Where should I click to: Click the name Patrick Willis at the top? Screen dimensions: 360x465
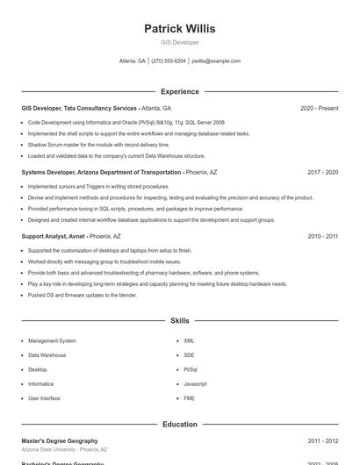179,29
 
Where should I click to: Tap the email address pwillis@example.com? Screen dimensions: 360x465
216,61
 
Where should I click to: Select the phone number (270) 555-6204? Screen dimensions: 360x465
169,61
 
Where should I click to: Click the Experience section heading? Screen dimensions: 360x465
179,91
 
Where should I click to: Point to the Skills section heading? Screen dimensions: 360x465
179,321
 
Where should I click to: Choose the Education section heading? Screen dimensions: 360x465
179,425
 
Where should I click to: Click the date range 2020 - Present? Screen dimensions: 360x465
319,108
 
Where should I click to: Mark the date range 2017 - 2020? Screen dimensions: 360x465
322,173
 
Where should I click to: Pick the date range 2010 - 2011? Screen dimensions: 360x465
322,237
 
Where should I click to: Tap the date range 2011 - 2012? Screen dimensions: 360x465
322,440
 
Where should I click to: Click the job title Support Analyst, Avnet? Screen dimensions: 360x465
53,237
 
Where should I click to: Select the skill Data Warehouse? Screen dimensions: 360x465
47,355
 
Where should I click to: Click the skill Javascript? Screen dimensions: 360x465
195,384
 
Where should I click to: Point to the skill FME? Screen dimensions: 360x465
189,398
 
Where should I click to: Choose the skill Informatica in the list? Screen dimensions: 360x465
40,384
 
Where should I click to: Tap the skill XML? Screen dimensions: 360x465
189,340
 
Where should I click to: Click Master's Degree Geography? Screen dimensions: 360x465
60,440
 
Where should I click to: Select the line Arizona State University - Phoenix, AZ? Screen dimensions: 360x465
64,449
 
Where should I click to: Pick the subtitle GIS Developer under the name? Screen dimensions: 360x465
179,42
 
